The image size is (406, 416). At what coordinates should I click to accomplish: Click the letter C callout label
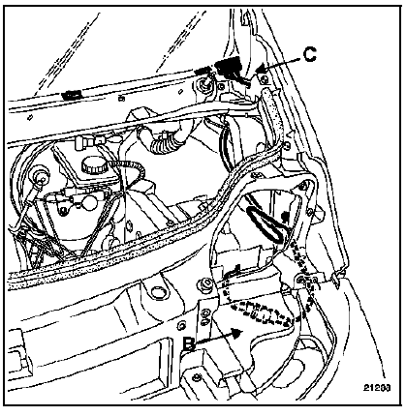point(309,54)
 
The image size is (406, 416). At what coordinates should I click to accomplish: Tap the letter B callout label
point(189,344)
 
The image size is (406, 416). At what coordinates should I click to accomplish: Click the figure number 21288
point(377,387)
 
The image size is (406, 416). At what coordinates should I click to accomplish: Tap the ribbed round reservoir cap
point(95,165)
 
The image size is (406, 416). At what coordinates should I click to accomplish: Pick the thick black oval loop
point(265,224)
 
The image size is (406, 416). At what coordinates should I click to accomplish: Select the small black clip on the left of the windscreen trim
point(72,95)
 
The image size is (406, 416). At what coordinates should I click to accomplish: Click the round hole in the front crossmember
point(159,292)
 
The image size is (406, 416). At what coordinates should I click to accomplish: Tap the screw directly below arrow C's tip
point(265,79)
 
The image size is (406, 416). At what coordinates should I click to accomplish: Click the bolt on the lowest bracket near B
point(197,377)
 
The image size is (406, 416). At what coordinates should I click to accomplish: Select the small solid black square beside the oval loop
point(285,216)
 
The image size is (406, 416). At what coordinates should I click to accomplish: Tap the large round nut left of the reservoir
point(41,176)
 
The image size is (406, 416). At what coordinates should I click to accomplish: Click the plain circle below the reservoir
point(89,202)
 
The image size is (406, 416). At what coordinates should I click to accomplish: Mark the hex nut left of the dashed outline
point(206,284)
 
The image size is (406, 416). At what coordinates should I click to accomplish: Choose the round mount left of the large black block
point(205,84)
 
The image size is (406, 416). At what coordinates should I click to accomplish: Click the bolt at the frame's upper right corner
point(302,186)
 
